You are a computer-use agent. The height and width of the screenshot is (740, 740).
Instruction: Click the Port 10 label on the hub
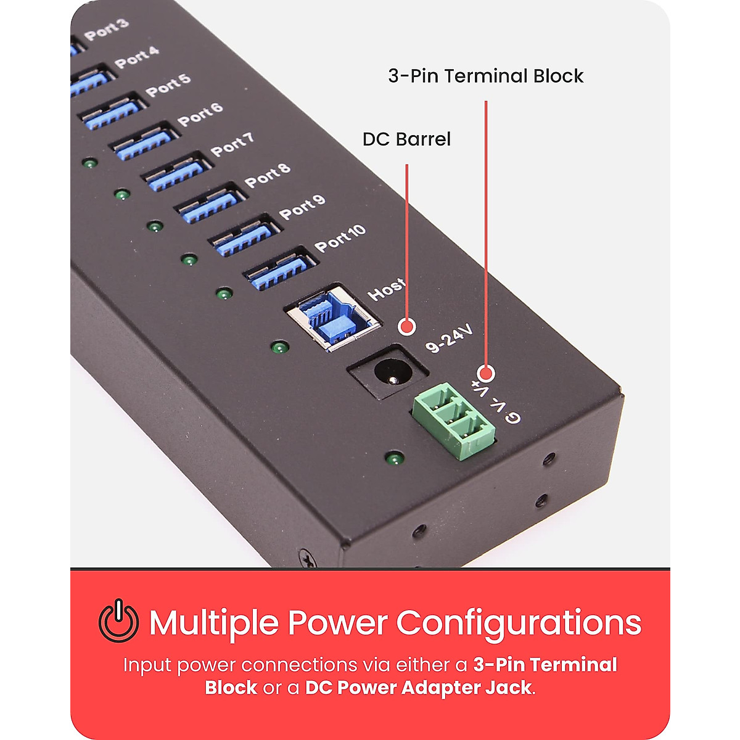340,237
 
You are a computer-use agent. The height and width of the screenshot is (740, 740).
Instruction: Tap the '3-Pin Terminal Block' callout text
485,76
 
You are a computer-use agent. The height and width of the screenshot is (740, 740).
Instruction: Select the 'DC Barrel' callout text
406,139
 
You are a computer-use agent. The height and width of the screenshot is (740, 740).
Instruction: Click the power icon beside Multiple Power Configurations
118,621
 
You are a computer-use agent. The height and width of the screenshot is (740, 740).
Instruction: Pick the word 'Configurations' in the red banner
519,622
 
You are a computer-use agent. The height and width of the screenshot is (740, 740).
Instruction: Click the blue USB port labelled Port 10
279,268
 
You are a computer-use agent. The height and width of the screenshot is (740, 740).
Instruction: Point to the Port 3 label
107,30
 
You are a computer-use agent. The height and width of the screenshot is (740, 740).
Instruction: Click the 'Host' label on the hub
387,289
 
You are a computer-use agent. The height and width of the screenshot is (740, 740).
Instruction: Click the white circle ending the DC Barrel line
406,327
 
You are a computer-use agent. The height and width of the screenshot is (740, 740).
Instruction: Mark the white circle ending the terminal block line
486,373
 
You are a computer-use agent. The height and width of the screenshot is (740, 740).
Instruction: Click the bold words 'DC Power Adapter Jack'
418,688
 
